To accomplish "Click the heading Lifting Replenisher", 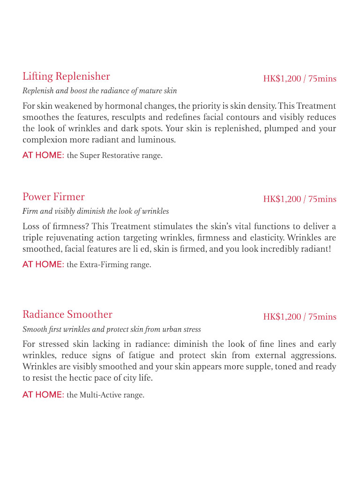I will tap(66, 76).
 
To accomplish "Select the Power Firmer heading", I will tap(53, 197).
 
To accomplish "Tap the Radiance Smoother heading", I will tap(67, 315).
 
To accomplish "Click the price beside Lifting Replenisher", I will tap(300, 79).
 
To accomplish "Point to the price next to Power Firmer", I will tap(300, 199).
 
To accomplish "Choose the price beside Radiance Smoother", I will tap(300, 317).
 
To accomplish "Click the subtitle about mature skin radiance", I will tap(100, 90).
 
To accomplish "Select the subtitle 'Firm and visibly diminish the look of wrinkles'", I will tap(96, 211).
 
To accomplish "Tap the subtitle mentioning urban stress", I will tap(112, 329).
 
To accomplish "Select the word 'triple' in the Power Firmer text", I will tap(32, 238).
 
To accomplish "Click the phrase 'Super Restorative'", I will tap(103, 156).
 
